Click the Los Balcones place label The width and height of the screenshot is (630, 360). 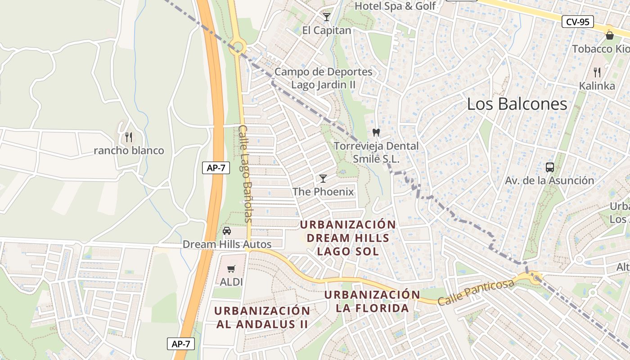(x=517, y=104)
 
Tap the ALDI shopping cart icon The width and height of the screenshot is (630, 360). (x=231, y=269)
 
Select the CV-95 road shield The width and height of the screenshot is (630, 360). (x=578, y=21)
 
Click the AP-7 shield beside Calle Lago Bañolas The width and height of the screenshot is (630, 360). (x=216, y=168)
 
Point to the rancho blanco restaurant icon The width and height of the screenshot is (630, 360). (x=129, y=137)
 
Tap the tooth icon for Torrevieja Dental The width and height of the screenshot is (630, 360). (x=376, y=133)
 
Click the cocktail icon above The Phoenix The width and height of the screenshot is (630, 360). (x=323, y=179)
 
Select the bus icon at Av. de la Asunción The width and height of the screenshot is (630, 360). (x=549, y=167)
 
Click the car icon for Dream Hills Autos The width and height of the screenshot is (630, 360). (x=227, y=231)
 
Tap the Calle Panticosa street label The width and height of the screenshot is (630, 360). (x=476, y=292)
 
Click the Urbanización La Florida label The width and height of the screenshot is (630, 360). (x=372, y=301)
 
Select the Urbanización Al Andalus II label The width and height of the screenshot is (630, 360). (x=262, y=317)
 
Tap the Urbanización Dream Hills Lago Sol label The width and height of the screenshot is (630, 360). (x=348, y=238)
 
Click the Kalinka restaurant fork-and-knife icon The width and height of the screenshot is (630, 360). (x=597, y=72)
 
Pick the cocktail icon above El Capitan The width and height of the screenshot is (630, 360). (x=327, y=17)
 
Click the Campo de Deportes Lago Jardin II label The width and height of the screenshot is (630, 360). (x=324, y=78)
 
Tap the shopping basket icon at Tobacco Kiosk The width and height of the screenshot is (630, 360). (x=610, y=35)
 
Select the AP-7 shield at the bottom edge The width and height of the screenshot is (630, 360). (x=181, y=344)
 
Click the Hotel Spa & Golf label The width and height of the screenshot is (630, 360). (x=395, y=6)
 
